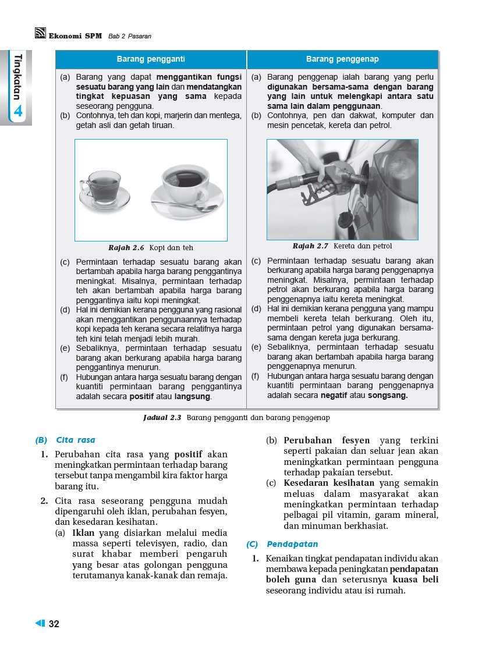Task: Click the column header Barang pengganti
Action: pyautogui.click(x=151, y=59)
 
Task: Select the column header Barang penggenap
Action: pyautogui.click(x=342, y=59)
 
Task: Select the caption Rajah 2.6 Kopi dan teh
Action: pyautogui.click(x=151, y=247)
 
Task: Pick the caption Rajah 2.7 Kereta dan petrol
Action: pyautogui.click(x=342, y=246)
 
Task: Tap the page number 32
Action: pyautogui.click(x=54, y=624)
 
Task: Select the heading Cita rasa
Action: pyautogui.click(x=76, y=440)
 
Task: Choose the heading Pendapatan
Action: pyautogui.click(x=292, y=545)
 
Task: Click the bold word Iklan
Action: pyautogui.click(x=83, y=532)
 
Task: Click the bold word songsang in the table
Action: pyautogui.click(x=388, y=396)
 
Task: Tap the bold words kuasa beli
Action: pyautogui.click(x=415, y=580)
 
